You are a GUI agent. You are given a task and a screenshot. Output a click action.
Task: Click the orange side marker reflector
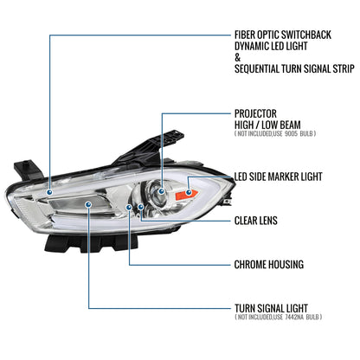point(186,195)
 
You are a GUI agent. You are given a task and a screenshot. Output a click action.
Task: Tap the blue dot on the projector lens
point(161,191)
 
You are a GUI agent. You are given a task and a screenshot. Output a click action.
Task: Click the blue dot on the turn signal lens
point(88,204)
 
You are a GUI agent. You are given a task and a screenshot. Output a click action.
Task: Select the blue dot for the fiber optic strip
point(50,192)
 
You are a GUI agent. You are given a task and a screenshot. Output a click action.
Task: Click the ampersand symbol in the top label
point(237,58)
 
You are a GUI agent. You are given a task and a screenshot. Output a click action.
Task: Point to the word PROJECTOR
point(255,113)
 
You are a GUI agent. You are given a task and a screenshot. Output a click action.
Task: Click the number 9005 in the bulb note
point(291,133)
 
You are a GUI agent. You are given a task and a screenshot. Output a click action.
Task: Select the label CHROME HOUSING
point(269,265)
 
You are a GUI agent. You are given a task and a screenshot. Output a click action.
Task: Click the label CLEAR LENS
point(256,221)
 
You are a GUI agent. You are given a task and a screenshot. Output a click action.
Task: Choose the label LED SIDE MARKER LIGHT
point(278,177)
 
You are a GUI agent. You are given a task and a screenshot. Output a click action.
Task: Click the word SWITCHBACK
point(305,35)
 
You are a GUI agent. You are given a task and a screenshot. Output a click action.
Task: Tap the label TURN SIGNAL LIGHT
point(271,308)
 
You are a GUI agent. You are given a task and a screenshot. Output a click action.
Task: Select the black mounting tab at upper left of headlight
point(28,170)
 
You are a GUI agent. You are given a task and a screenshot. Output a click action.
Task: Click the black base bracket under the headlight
point(95,242)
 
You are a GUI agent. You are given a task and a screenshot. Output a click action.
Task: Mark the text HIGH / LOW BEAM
point(267,125)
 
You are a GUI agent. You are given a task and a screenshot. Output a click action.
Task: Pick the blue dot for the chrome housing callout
point(129,207)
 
